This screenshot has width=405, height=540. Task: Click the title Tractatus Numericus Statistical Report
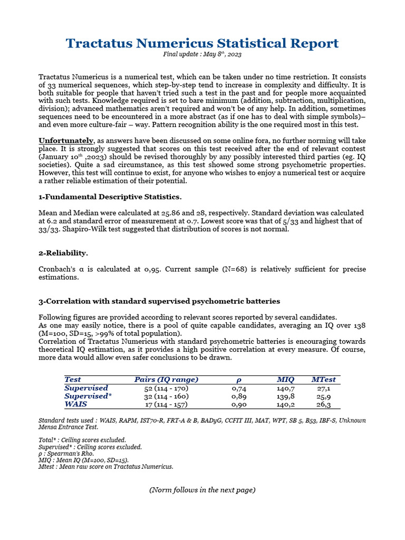202,43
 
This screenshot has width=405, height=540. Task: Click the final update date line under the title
202,54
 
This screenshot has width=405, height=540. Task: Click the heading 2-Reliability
63,253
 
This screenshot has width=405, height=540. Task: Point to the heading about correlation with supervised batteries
159,301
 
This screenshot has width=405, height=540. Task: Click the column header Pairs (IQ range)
166,379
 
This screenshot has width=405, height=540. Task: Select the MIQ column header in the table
285,379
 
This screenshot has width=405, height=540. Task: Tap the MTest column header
323,379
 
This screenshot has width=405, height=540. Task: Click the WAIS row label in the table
75,404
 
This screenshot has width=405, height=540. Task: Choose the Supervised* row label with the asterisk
88,396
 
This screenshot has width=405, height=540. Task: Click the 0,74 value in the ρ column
239,388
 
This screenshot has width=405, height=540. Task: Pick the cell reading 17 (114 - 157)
166,405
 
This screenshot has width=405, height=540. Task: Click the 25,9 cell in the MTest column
323,397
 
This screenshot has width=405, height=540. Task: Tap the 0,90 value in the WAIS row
239,405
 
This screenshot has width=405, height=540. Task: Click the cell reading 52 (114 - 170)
166,388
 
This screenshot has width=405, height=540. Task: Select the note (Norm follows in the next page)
202,490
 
